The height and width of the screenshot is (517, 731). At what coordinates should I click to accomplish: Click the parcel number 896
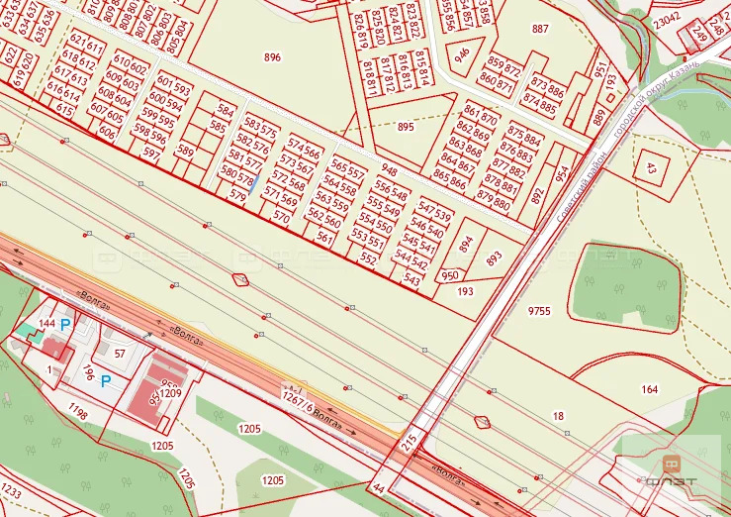(272, 57)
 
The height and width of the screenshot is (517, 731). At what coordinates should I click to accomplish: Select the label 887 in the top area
(539, 29)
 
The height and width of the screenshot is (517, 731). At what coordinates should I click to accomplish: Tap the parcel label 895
(406, 127)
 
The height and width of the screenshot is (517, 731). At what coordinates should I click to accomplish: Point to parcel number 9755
(539, 311)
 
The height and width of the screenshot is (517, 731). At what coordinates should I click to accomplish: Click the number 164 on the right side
(649, 389)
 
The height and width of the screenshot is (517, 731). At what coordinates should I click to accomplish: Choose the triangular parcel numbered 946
(463, 55)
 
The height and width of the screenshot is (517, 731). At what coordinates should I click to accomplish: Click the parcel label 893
(495, 258)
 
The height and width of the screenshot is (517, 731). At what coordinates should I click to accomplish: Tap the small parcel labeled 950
(450, 276)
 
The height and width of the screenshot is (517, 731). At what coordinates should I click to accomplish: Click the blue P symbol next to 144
(66, 324)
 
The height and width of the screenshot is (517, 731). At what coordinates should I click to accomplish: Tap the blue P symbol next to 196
(105, 380)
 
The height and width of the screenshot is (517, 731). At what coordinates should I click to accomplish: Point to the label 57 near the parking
(120, 354)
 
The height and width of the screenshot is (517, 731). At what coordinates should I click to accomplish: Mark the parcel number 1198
(78, 409)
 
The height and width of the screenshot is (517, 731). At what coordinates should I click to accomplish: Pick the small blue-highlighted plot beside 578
(253, 183)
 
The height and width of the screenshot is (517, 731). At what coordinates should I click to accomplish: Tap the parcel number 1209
(171, 393)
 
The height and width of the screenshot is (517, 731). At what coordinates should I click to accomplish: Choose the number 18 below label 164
(558, 418)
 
